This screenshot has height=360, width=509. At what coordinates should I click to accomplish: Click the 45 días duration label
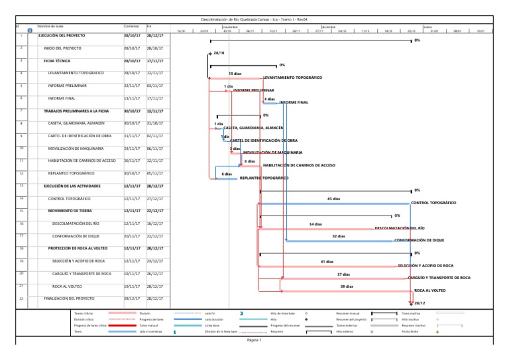tap(334, 198)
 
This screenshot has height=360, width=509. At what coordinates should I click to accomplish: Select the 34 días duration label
tap(315, 223)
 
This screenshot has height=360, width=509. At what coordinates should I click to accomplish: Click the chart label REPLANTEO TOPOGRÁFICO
tap(264, 178)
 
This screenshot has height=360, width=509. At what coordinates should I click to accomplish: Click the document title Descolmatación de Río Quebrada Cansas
tap(254, 20)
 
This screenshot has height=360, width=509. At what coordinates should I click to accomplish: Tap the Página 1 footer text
tap(254, 340)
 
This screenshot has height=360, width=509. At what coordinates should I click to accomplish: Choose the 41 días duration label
tap(327, 261)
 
